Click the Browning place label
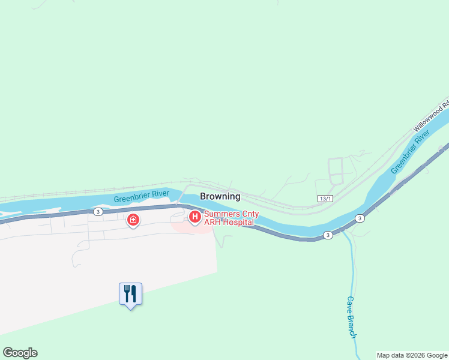click(220, 196)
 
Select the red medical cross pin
click(133, 221)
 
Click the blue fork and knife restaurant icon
click(130, 293)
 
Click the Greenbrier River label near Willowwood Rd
click(411, 154)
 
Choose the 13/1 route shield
click(325, 199)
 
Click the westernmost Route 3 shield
click(98, 212)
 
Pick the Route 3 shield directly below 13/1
click(328, 235)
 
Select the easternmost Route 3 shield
click(360, 218)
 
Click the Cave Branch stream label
click(352, 317)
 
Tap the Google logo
click(20, 353)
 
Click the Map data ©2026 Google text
click(412, 355)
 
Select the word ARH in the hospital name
click(211, 223)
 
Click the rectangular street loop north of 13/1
click(336, 171)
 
